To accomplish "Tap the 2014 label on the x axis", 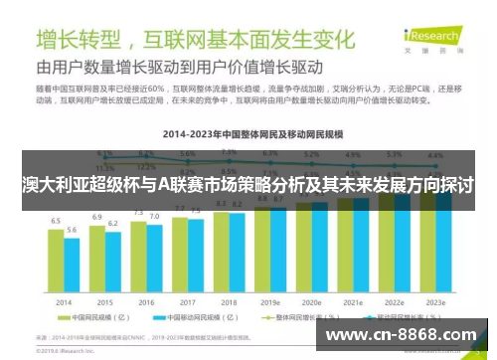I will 64,301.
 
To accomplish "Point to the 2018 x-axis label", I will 228,301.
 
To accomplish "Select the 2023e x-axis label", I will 433,301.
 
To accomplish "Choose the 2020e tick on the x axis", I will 310,301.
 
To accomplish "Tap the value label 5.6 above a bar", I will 72,230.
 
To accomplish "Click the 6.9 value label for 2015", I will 97,216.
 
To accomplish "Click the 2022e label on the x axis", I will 393,301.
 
